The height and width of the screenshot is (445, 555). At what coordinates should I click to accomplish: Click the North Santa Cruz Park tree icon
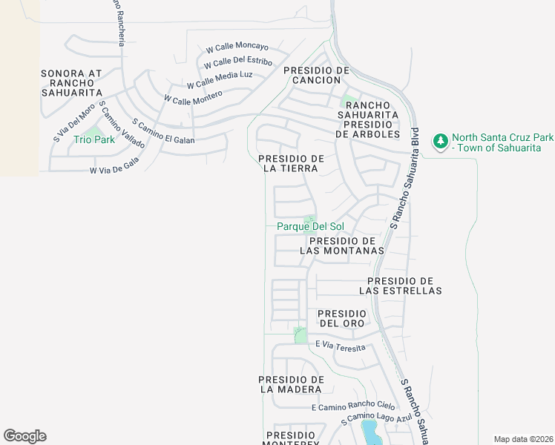click(x=441, y=140)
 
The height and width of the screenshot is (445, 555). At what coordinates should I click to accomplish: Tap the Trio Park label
click(x=93, y=139)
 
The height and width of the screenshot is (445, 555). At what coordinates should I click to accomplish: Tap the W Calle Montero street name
click(x=193, y=98)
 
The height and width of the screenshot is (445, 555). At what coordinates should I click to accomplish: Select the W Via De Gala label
click(x=114, y=170)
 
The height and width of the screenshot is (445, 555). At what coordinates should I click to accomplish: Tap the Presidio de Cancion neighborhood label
click(x=316, y=75)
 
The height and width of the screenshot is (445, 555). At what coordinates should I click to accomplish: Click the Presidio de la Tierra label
click(x=292, y=164)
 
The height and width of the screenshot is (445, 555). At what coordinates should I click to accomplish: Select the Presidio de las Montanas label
click(x=342, y=246)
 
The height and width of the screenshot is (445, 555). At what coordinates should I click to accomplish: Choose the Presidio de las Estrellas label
click(x=404, y=286)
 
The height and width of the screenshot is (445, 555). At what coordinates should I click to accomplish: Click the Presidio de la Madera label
click(x=292, y=384)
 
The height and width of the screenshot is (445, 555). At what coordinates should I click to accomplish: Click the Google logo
click(x=24, y=436)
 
